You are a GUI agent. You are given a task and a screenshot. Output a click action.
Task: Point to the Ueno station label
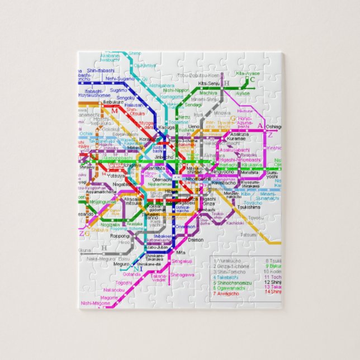(x=193, y=127)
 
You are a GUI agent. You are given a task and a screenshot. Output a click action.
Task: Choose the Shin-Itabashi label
(x=101, y=70)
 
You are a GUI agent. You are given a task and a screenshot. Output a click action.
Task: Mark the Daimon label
(x=196, y=240)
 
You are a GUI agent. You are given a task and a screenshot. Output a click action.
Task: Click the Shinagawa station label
(x=182, y=274)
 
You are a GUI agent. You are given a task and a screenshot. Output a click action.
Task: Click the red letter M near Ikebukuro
(x=114, y=111)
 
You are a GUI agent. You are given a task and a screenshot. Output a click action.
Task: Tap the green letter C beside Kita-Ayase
(x=252, y=79)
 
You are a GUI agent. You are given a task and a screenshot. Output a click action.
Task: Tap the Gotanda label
(x=132, y=274)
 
